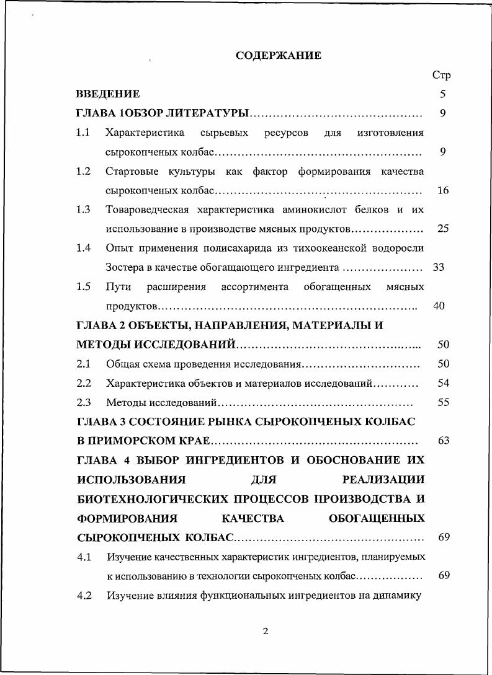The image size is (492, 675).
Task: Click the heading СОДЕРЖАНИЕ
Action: click(279, 56)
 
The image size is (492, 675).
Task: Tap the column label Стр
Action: click(441, 75)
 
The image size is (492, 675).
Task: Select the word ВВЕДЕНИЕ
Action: click(107, 94)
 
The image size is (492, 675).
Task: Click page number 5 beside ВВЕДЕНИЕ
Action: click(442, 94)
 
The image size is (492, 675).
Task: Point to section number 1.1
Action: click(83, 133)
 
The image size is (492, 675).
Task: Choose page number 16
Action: click(442, 190)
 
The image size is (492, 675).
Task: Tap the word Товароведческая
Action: click(148, 210)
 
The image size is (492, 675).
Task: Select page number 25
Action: click(442, 229)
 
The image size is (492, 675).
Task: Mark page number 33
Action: click(439, 268)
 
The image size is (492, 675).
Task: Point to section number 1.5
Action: click(83, 286)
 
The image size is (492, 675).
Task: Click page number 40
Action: click(439, 306)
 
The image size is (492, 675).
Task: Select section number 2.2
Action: click(83, 383)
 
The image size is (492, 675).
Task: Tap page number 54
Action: click(443, 383)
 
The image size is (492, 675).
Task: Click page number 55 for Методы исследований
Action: click(443, 402)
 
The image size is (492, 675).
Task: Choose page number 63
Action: click(443, 441)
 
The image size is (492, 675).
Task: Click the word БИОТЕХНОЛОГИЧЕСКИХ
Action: click(153, 499)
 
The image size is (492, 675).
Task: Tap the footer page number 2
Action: click(266, 632)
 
